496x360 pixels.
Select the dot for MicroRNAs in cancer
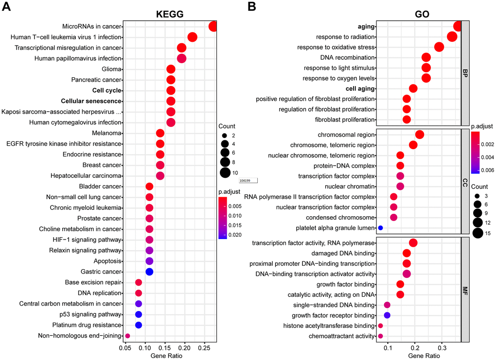pos(213,26)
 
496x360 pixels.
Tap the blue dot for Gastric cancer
pos(150,272)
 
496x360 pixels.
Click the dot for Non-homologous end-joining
pos(127,336)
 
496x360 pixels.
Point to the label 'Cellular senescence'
pos(91,101)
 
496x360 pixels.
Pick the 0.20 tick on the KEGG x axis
pos(185,348)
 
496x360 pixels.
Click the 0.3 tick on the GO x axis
pos(442,348)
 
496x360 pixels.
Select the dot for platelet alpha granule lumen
pos(381,228)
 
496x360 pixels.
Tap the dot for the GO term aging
pos(457,26)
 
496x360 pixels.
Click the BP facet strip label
pos(465,73)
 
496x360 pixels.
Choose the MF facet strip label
pos(465,290)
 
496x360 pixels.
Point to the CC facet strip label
pos(465,181)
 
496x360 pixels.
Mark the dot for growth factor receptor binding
pos(387,315)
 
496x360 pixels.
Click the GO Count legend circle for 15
pos(477,234)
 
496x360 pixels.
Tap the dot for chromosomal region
pos(420,135)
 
